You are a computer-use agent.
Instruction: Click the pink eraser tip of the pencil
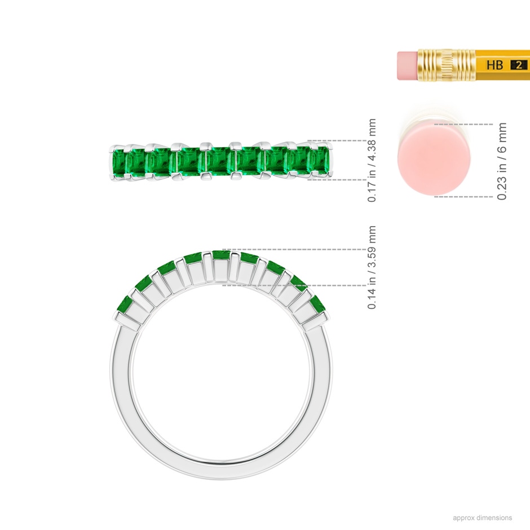coord(408,65)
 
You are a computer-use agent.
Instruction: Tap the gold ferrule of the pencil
coord(447,65)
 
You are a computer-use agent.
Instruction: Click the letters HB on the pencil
coord(495,65)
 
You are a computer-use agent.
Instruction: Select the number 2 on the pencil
coord(519,65)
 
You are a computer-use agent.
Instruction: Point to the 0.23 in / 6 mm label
coord(502,161)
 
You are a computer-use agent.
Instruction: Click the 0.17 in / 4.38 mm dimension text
coord(372,160)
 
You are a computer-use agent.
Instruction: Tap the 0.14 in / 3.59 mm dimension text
coord(372,267)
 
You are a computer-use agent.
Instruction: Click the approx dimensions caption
coord(482,518)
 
